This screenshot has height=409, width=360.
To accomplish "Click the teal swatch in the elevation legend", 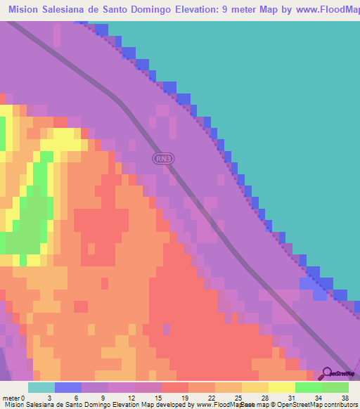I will (x=41, y=387).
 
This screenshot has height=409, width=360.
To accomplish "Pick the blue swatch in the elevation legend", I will (x=68, y=387).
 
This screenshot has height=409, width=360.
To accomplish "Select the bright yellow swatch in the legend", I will (x=282, y=387).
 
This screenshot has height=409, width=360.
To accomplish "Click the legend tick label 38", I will (x=345, y=398).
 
